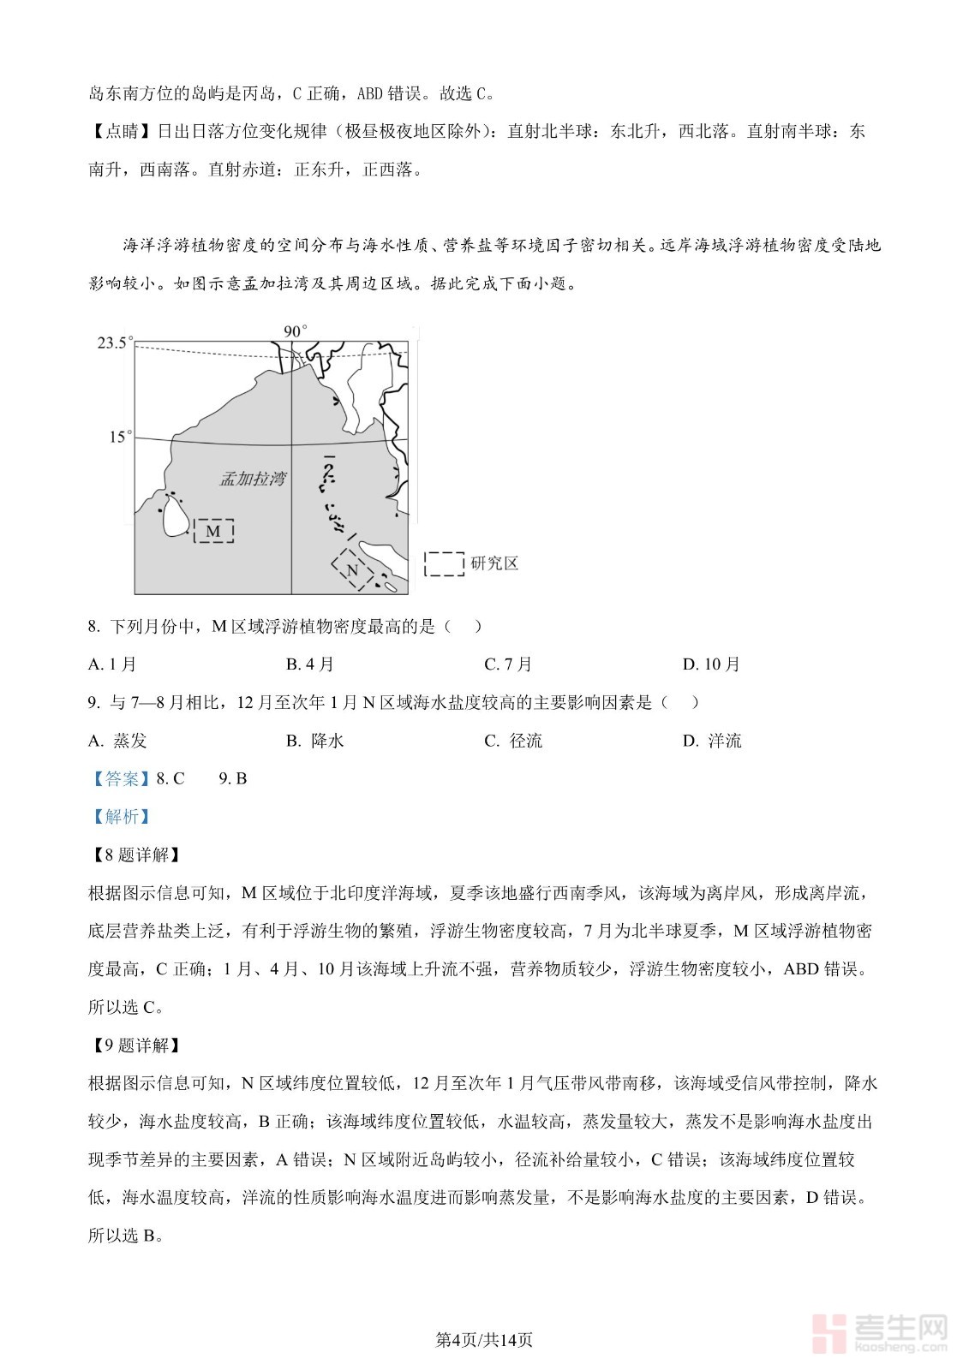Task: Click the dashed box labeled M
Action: [x=213, y=532]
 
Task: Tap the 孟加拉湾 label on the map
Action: [x=252, y=479]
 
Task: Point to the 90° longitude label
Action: [x=295, y=331]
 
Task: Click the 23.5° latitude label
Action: [x=115, y=343]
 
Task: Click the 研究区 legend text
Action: [x=494, y=563]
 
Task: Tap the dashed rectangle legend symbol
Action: [x=445, y=563]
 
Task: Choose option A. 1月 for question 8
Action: [x=112, y=664]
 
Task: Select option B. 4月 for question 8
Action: [x=310, y=664]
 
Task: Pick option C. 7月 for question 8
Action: [x=508, y=664]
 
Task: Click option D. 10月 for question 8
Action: [x=711, y=664]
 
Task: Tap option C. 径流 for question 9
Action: [x=513, y=741]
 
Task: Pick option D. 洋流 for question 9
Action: [x=712, y=741]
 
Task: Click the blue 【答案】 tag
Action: [x=120, y=778]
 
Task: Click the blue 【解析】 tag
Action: [x=120, y=817]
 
